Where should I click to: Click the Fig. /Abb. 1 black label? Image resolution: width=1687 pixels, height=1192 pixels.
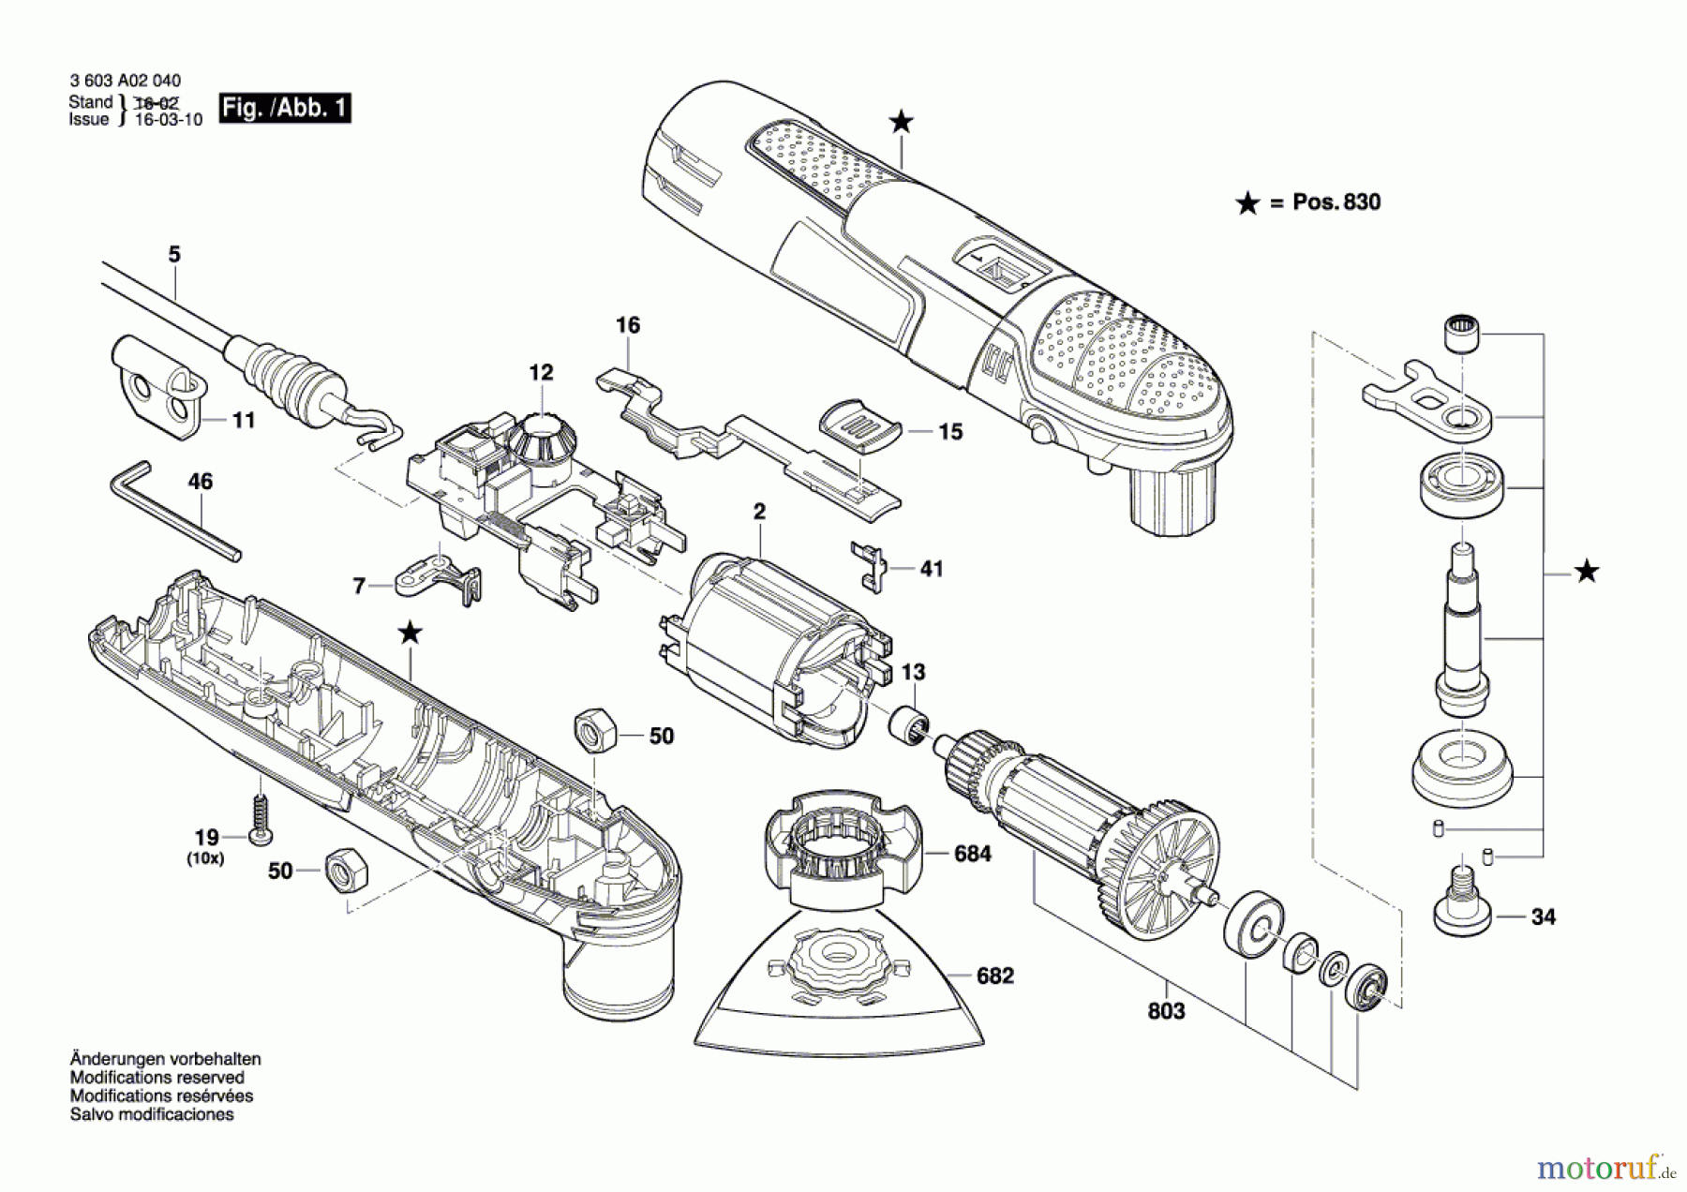tap(285, 108)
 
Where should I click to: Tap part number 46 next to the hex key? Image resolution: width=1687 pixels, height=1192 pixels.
tap(200, 482)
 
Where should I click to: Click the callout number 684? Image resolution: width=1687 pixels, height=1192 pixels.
tap(972, 854)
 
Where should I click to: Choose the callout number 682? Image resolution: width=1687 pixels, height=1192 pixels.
tap(994, 976)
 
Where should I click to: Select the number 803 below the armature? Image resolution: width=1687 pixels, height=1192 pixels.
tap(1166, 1011)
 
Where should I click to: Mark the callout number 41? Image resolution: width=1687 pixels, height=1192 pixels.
tap(931, 569)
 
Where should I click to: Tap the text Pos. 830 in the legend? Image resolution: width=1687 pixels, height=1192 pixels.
tap(1336, 202)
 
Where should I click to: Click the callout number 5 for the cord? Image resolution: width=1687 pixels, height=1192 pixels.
tap(174, 255)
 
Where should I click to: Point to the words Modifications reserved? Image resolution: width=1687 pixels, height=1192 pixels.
tap(157, 1078)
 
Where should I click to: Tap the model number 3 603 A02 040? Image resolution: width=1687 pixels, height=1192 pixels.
tap(126, 82)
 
